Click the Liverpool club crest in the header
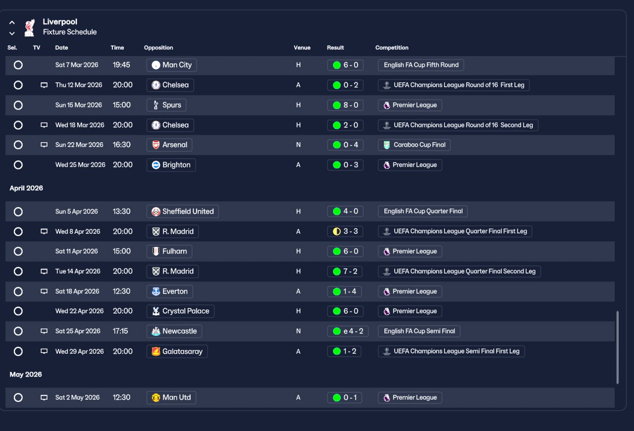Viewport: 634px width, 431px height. [29, 27]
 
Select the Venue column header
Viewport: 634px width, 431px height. [302, 48]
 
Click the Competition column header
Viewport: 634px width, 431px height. [392, 48]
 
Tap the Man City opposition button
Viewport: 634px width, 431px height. [171, 65]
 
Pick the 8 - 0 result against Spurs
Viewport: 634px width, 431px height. [345, 105]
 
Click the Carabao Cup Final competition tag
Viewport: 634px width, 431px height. [414, 145]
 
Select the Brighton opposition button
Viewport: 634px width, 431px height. [171, 165]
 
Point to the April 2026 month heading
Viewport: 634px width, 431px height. [26, 188]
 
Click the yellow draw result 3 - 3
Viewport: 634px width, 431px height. [345, 231]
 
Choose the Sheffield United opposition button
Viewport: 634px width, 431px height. [183, 211]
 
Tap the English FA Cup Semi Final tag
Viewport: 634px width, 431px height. [419, 331]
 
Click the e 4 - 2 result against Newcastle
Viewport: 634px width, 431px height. [348, 331]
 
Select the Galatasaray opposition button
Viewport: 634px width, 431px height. [177, 351]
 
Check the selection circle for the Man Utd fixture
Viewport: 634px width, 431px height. [18, 398]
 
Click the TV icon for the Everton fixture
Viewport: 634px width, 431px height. [44, 291]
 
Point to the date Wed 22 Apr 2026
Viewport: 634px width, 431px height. [80, 311]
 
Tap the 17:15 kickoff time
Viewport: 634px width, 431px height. [120, 331]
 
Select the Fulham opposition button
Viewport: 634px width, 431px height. [169, 251]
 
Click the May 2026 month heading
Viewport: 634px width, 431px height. [26, 375]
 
